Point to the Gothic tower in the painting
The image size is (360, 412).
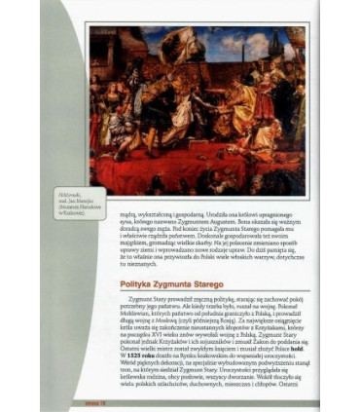[x=292, y=58]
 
